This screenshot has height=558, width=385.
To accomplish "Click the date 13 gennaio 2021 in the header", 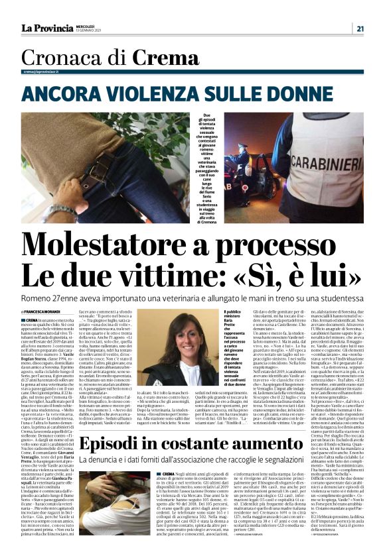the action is click(x=94, y=30).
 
